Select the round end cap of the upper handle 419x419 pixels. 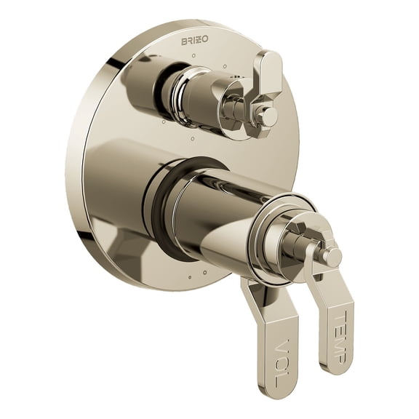point(269,116)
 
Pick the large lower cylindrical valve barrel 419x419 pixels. point(218,211)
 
